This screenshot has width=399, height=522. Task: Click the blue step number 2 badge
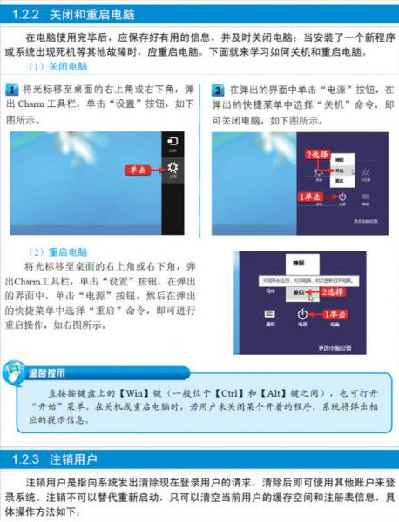[x=218, y=90]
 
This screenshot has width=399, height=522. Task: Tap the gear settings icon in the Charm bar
[x=173, y=169]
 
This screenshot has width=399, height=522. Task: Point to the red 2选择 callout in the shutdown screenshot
[x=316, y=154]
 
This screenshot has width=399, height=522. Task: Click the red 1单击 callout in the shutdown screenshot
[x=311, y=197]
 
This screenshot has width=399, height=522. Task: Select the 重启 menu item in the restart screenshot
[x=299, y=293]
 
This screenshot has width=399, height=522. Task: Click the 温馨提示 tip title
[x=46, y=374]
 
